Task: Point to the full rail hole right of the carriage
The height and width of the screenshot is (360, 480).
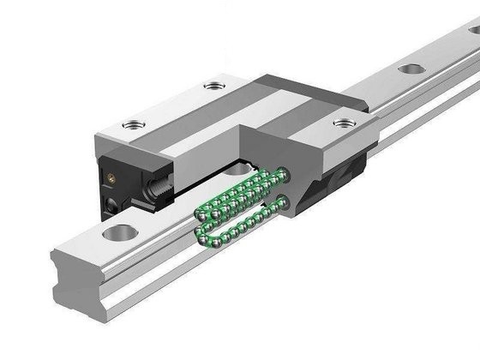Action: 411,69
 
